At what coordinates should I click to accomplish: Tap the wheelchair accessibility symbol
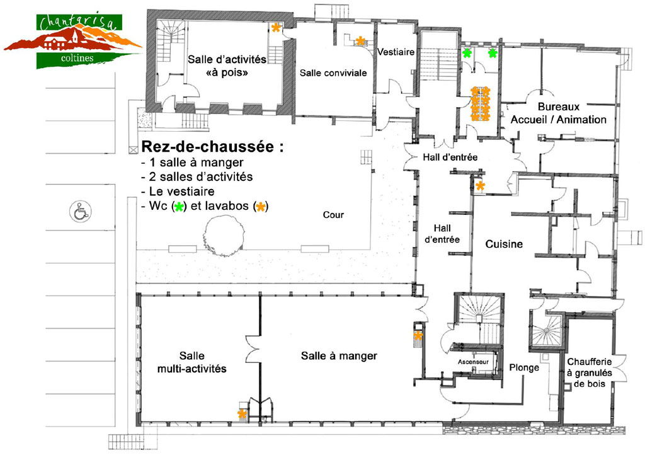coord(80,212)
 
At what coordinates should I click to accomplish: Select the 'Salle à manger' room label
coord(339,356)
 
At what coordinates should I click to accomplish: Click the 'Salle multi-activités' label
coord(192,362)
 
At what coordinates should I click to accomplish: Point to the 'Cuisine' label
coord(504,244)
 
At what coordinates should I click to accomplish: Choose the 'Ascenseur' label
coord(473,362)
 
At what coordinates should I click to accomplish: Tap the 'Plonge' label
coord(524,367)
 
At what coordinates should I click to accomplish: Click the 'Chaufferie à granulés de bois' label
coord(590,372)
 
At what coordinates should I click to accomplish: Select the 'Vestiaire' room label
coord(396,52)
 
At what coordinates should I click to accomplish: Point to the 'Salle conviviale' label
coord(333,73)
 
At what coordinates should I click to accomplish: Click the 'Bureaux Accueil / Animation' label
coord(559,113)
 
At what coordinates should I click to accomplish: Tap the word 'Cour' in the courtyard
coord(333,215)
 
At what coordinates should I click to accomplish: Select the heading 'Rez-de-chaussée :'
coord(212,146)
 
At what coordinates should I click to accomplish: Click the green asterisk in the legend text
coord(178,207)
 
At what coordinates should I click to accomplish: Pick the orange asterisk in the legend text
coord(260,207)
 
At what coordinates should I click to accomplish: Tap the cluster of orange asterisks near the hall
coord(480,104)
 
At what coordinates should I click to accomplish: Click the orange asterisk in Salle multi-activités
coord(242,414)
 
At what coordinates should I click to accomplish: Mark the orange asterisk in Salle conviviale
coord(360,41)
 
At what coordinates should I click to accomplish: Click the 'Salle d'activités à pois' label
coord(227,66)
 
